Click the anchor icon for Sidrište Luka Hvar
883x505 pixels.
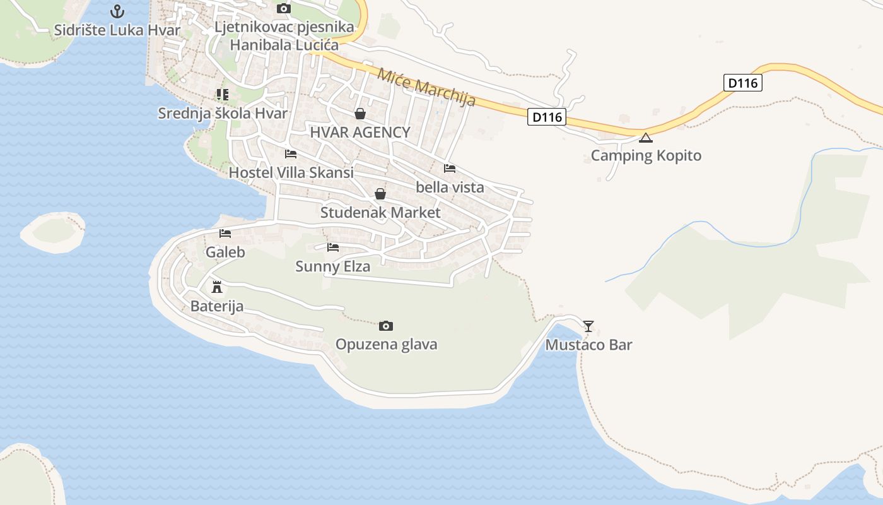pyautogui.click(x=117, y=11)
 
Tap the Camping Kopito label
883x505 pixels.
pyautogui.click(x=646, y=155)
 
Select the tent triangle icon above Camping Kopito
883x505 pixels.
pyautogui.click(x=645, y=138)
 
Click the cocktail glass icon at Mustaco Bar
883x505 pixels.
pyautogui.click(x=588, y=326)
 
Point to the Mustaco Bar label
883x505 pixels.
pyautogui.click(x=588, y=345)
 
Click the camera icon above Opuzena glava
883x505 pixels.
pyautogui.click(x=386, y=326)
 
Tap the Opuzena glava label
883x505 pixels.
pyautogui.click(x=386, y=344)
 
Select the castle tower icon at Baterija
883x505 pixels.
pyautogui.click(x=217, y=288)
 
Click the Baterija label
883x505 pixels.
pyautogui.click(x=217, y=307)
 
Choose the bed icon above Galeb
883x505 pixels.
pyautogui.click(x=225, y=234)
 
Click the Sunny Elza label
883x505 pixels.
pyautogui.click(x=333, y=266)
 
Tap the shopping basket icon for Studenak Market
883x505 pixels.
pyautogui.click(x=380, y=194)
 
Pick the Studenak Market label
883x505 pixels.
pyautogui.click(x=380, y=213)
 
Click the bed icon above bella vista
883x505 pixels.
pyautogui.click(x=450, y=169)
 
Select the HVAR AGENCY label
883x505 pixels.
pyautogui.click(x=360, y=133)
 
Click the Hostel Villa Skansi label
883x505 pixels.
pyautogui.click(x=291, y=172)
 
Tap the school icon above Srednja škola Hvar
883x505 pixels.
pyautogui.click(x=222, y=95)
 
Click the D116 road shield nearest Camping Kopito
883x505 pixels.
pyautogui.click(x=547, y=117)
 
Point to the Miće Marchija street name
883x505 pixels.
pyautogui.click(x=426, y=87)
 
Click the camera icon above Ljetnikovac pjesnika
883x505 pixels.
pyautogui.click(x=284, y=8)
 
